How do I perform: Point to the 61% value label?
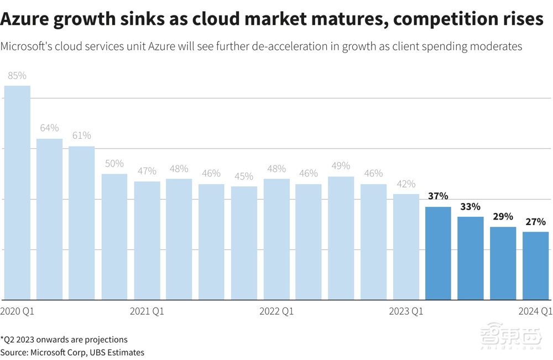pyautogui.click(x=82, y=135)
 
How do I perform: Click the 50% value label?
pyautogui.click(x=114, y=164)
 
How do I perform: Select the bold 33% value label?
pyautogui.click(x=470, y=206)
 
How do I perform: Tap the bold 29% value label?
pyautogui.click(x=503, y=216)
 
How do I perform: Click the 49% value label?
pyautogui.click(x=341, y=166)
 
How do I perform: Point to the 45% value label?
pyautogui.click(x=243, y=176)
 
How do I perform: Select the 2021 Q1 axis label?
pyautogui.click(x=147, y=311)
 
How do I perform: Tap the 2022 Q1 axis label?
pyautogui.click(x=276, y=311)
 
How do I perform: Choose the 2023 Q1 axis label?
pyautogui.click(x=406, y=311)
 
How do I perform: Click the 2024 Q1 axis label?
pyautogui.click(x=535, y=311)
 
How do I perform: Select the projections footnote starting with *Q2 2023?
pyautogui.click(x=64, y=340)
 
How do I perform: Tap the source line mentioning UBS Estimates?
pyautogui.click(x=72, y=352)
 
